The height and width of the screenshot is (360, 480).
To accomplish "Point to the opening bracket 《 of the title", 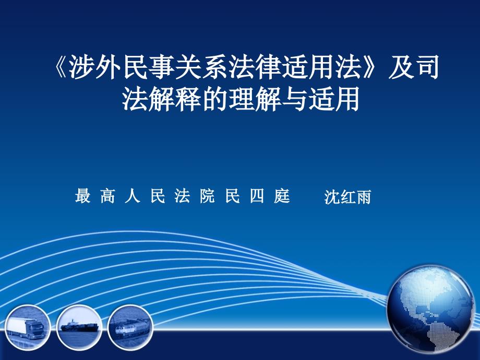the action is (x=59, y=67).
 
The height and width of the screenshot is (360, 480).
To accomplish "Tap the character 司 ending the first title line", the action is (x=427, y=67).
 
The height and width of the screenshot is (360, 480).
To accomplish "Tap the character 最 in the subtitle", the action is (x=83, y=196).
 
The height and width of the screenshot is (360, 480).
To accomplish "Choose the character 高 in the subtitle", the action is (x=108, y=196).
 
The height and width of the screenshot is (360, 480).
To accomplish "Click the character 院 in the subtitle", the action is (x=207, y=196).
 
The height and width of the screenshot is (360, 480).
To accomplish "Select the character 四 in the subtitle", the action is (x=257, y=196).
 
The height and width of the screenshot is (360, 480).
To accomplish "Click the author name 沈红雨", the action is (x=348, y=197).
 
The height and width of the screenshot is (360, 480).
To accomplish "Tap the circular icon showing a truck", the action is (x=27, y=328).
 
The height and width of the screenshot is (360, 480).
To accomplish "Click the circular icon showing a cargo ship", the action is (x=79, y=328).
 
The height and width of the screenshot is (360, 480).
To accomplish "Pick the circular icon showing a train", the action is (x=130, y=328).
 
